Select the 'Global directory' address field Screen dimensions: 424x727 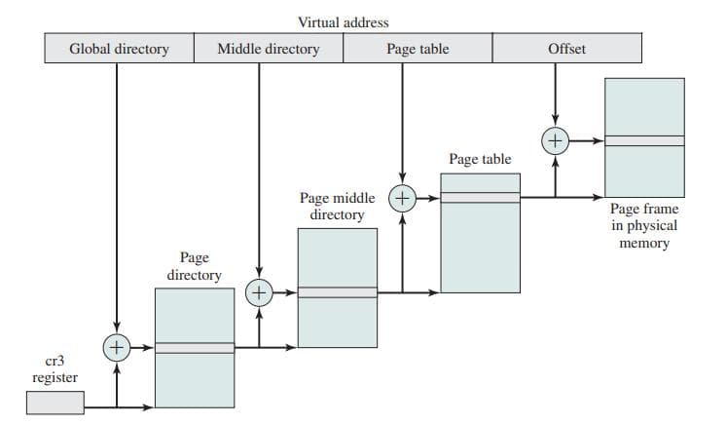pos(119,49)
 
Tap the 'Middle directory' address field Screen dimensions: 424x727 pos(269,49)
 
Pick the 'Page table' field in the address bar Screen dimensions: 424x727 pos(418,49)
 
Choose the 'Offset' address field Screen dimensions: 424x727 pos(566,49)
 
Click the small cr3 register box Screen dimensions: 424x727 pos(55,402)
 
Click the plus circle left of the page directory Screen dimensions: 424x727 pos(117,346)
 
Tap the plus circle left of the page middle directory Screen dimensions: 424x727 pos(259,291)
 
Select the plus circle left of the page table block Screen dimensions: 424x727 pos(402,197)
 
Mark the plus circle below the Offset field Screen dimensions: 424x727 pos(555,140)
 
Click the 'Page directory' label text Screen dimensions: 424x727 pos(194,266)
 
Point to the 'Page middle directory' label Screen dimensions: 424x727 pos(337,206)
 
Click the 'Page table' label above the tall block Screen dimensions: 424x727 pos(480,159)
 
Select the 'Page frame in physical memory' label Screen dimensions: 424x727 pos(643,226)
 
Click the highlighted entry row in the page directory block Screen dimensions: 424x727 pos(195,347)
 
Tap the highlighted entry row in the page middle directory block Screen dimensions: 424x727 pos(337,291)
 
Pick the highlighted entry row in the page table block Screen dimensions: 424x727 pos(480,197)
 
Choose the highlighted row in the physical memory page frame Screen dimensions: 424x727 pos(644,140)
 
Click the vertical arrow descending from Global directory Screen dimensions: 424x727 pos(117,195)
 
